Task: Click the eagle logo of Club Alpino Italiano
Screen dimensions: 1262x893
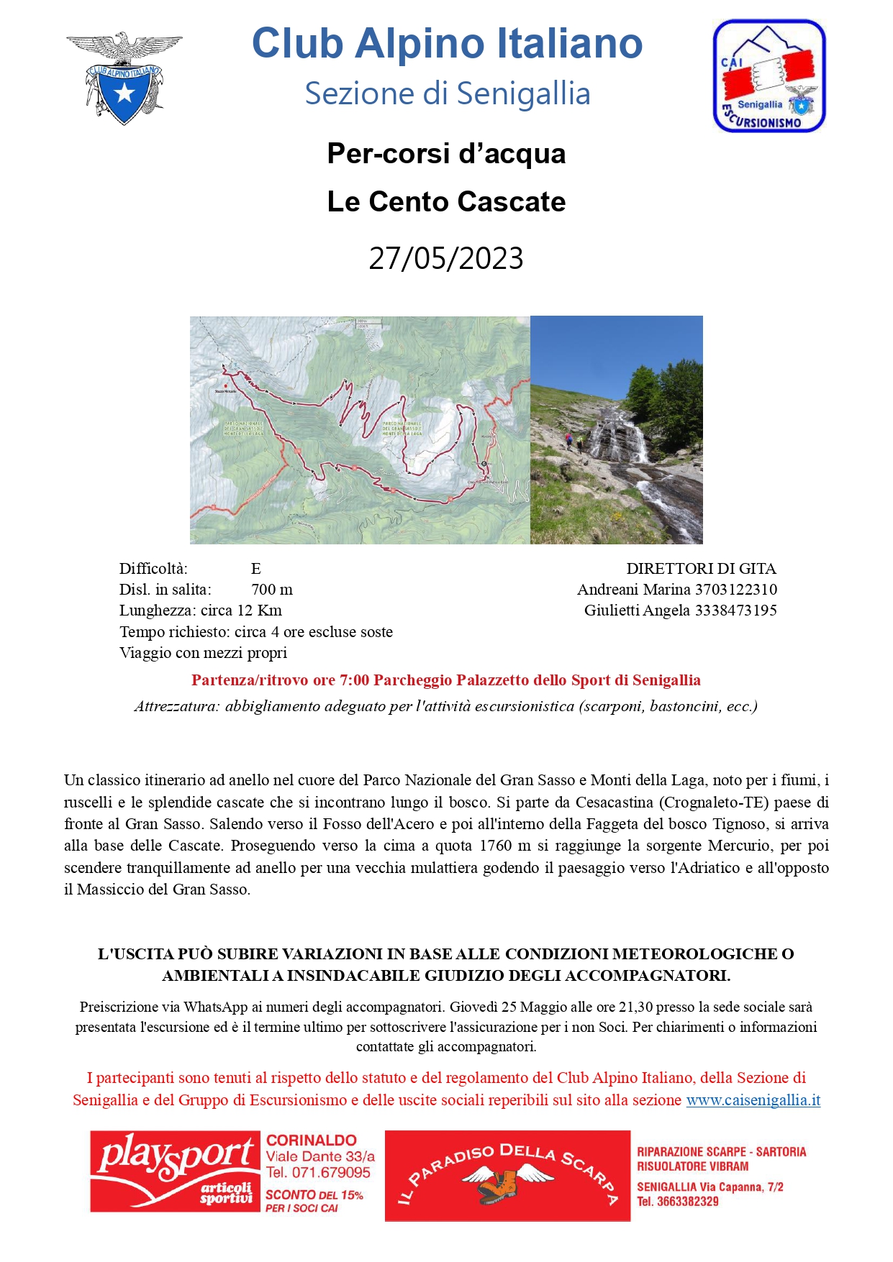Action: click(x=124, y=78)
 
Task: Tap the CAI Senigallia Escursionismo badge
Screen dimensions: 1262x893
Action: click(x=769, y=76)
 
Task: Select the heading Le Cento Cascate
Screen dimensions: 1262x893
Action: click(x=446, y=202)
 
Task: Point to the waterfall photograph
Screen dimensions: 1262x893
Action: click(x=616, y=430)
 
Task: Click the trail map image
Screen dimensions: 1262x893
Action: click(x=360, y=430)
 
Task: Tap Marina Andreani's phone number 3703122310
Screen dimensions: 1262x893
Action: click(x=735, y=590)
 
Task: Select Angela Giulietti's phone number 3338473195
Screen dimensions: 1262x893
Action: click(x=735, y=611)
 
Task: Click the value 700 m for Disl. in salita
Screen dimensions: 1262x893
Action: click(x=272, y=590)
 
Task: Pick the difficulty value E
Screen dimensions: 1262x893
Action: click(x=255, y=569)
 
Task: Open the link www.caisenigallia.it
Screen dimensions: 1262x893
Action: click(x=753, y=1100)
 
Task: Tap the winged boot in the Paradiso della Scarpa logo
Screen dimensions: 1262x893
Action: click(x=507, y=1184)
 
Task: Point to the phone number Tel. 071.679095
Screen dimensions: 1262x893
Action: click(x=318, y=1173)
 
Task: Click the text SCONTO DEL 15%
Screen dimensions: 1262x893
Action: click(x=314, y=1195)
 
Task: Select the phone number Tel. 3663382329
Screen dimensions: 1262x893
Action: click(x=678, y=1202)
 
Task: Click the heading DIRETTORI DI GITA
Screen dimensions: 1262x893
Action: click(x=701, y=569)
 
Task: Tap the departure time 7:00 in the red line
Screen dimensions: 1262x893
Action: click(x=353, y=680)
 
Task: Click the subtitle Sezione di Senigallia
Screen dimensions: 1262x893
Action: click(x=447, y=94)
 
